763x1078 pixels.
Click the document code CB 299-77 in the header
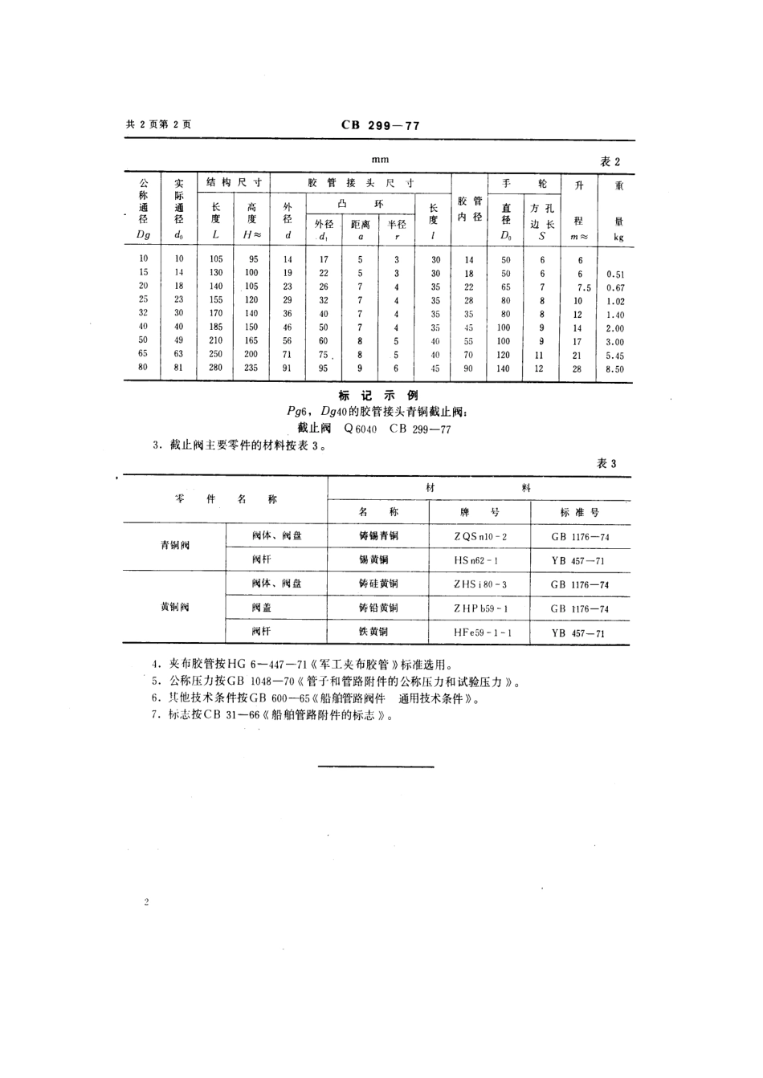coord(381,125)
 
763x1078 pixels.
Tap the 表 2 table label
coord(610,161)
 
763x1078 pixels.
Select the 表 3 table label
coord(607,463)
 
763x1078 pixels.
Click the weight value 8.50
coord(615,369)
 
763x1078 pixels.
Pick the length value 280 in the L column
coord(216,368)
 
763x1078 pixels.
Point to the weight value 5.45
coord(615,356)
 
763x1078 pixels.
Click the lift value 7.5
coord(583,287)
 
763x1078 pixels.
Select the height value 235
coord(252,368)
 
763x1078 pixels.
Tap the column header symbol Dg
coord(144,235)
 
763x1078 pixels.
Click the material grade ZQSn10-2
coord(480,536)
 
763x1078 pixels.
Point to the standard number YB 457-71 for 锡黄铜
coord(577,561)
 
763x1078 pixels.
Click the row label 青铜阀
coord(174,545)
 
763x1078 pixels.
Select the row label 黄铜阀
coord(174,607)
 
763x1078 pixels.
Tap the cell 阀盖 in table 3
coord(260,608)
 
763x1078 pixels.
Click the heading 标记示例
coord(379,396)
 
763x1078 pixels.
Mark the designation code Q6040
coord(360,429)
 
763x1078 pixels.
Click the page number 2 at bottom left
coord(147,903)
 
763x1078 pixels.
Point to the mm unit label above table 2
coord(380,161)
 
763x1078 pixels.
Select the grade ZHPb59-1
coord(480,609)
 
